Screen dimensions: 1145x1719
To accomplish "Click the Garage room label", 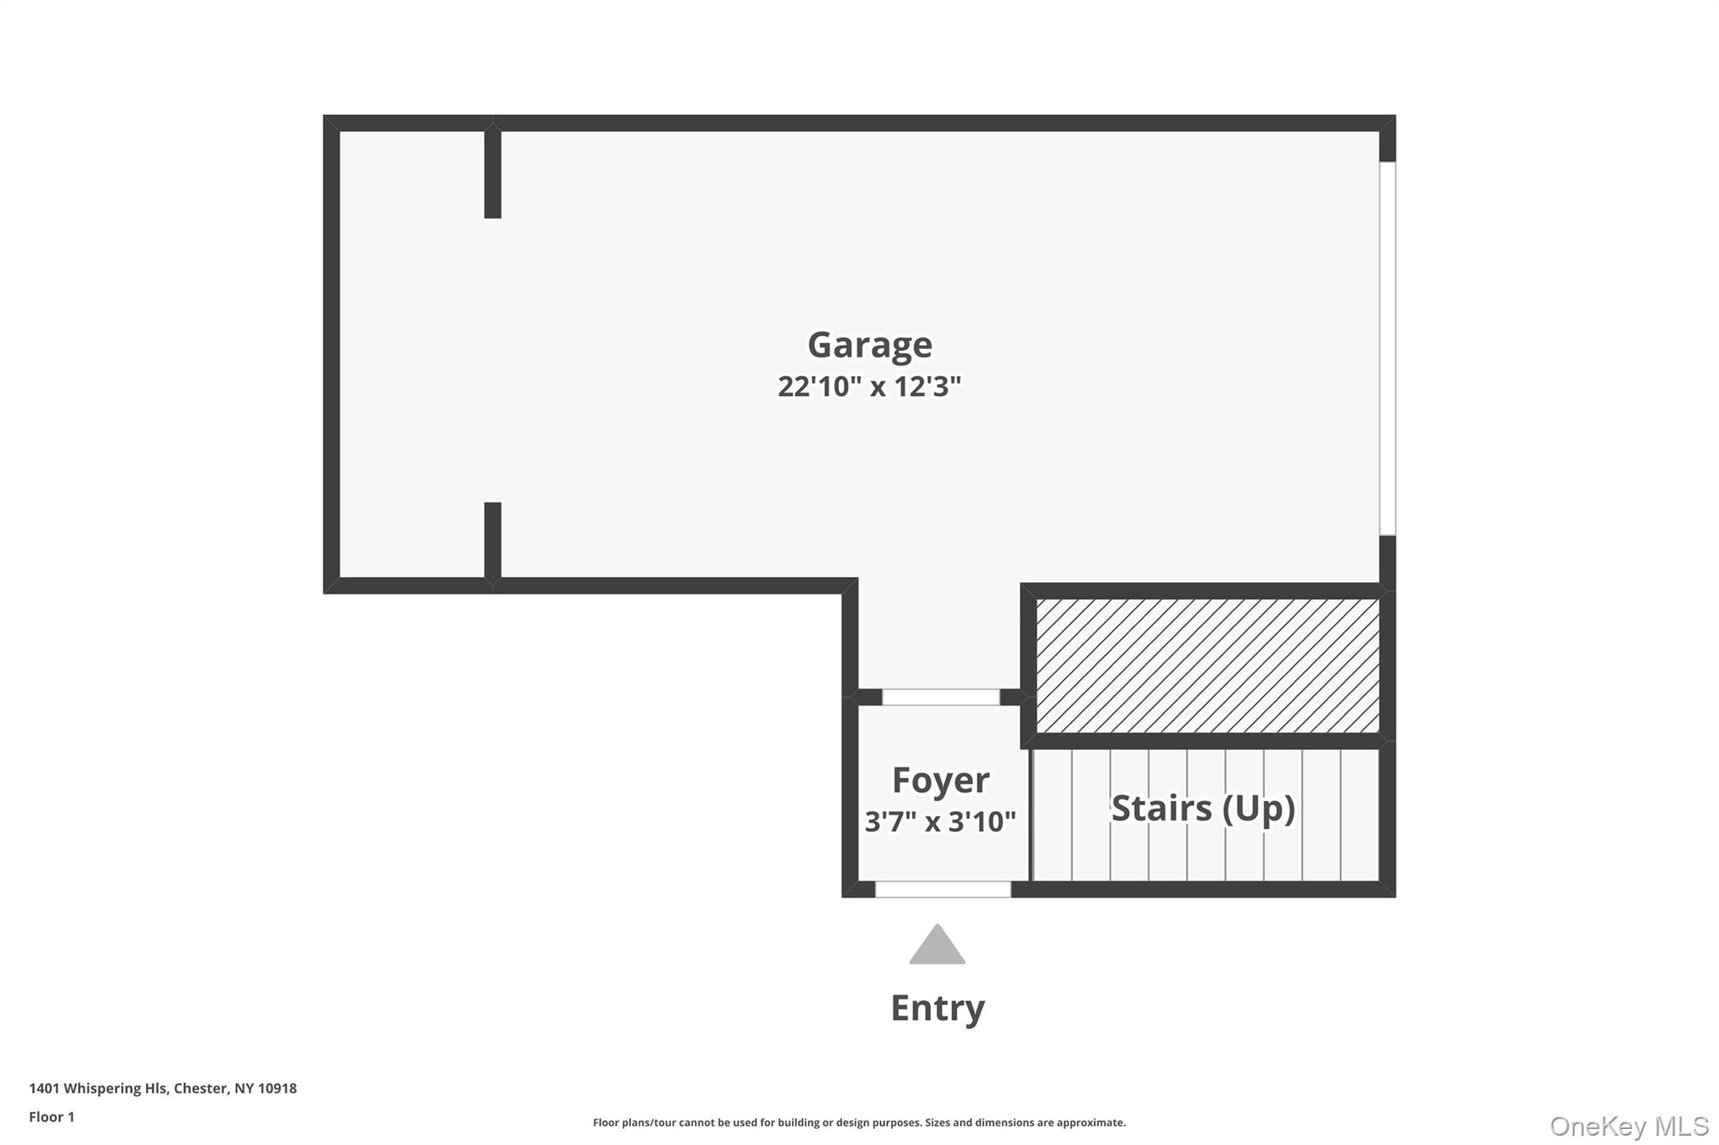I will pyautogui.click(x=870, y=345).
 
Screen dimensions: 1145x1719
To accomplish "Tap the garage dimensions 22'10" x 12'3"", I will pyautogui.click(x=869, y=387).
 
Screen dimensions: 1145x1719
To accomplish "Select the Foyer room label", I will pyautogui.click(x=940, y=780).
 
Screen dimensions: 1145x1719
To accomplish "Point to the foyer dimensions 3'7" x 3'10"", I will pyautogui.click(x=940, y=821).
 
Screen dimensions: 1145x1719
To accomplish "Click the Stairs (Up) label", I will pyautogui.click(x=1203, y=808).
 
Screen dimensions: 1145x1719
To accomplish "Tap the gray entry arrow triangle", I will pyautogui.click(x=937, y=947).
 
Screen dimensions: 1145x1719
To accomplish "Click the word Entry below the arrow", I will pyautogui.click(x=937, y=1007).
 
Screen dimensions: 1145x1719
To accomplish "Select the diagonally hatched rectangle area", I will pyautogui.click(x=1207, y=665).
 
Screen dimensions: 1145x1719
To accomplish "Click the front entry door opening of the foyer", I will pyautogui.click(x=943, y=889).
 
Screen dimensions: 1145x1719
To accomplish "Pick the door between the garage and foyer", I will pyautogui.click(x=940, y=697).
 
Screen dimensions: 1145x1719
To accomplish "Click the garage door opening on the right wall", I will pyautogui.click(x=1387, y=348).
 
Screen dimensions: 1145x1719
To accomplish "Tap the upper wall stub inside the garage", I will pyautogui.click(x=493, y=174).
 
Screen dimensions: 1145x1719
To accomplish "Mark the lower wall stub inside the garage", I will pyautogui.click(x=493, y=540).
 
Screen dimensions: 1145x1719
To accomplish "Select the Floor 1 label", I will pyautogui.click(x=51, y=1116).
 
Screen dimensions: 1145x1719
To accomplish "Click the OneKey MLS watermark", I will pyautogui.click(x=1628, y=1126).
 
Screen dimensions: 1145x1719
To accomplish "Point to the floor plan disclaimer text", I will pyautogui.click(x=859, y=1122).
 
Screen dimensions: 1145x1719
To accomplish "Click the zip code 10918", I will pyautogui.click(x=277, y=1088).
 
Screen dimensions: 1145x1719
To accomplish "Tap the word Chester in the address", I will pyautogui.click(x=201, y=1088).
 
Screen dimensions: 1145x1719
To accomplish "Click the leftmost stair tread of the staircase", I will pyautogui.click(x=1053, y=815).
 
